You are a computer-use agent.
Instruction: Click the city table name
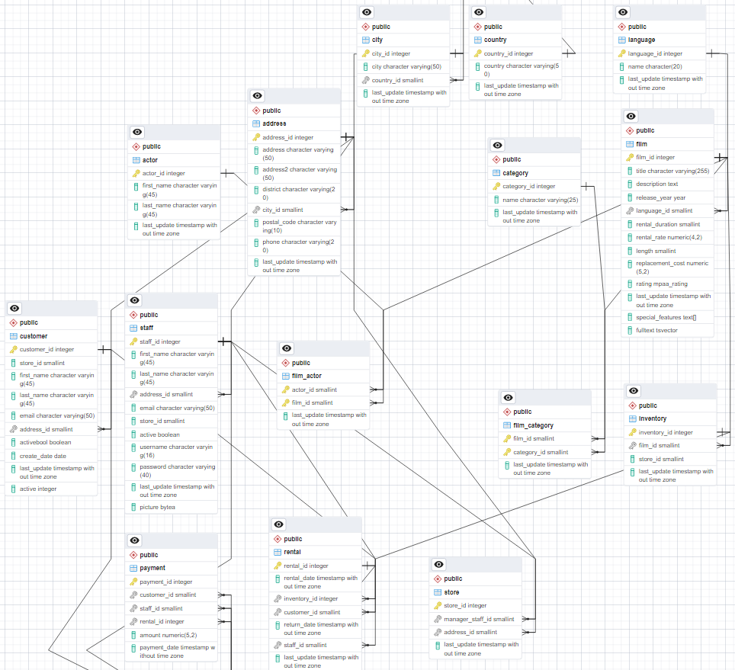pos(378,40)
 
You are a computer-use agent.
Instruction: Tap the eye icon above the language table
pos(624,12)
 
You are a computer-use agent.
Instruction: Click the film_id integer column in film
pos(655,157)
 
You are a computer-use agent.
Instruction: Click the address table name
pos(274,123)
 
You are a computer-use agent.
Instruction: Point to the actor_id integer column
pos(163,173)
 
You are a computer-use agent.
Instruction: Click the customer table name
pos(34,336)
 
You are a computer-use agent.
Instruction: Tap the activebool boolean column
pos(45,442)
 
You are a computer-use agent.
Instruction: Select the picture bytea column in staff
pos(157,507)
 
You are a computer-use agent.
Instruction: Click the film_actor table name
pos(307,376)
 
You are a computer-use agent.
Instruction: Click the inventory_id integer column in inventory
pos(666,432)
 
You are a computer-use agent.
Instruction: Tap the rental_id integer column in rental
pos(306,566)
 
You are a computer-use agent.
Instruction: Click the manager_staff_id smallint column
pos(479,619)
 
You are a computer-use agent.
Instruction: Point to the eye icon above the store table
pos(438,565)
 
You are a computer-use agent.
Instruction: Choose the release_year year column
pos(660,197)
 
